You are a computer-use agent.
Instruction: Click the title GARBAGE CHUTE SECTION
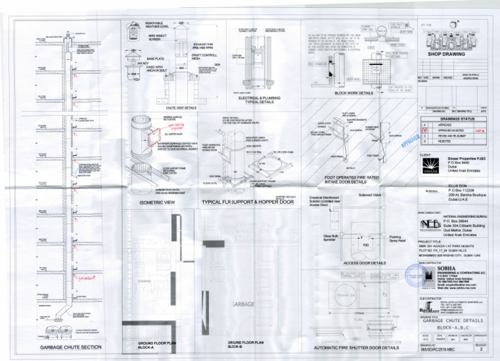(x=71, y=347)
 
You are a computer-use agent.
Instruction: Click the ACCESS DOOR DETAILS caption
(x=361, y=263)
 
